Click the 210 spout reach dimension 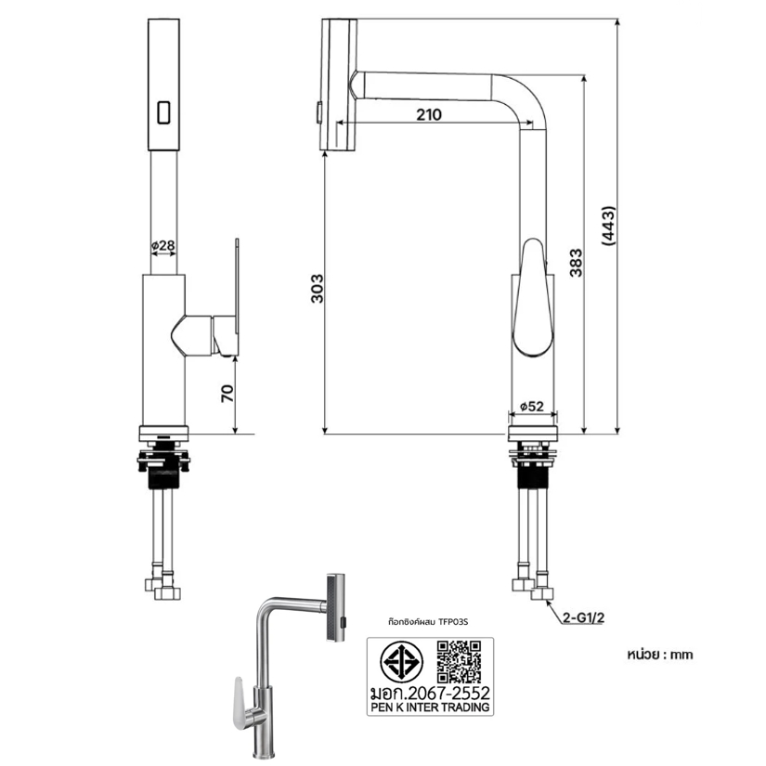point(428,114)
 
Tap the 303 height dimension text point(318,288)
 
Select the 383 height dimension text point(577,263)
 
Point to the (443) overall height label point(609,226)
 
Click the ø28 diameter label point(163,245)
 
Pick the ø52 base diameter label point(532,406)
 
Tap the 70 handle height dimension point(227,394)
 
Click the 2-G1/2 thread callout point(583,618)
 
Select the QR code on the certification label point(459,661)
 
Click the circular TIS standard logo point(402,662)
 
